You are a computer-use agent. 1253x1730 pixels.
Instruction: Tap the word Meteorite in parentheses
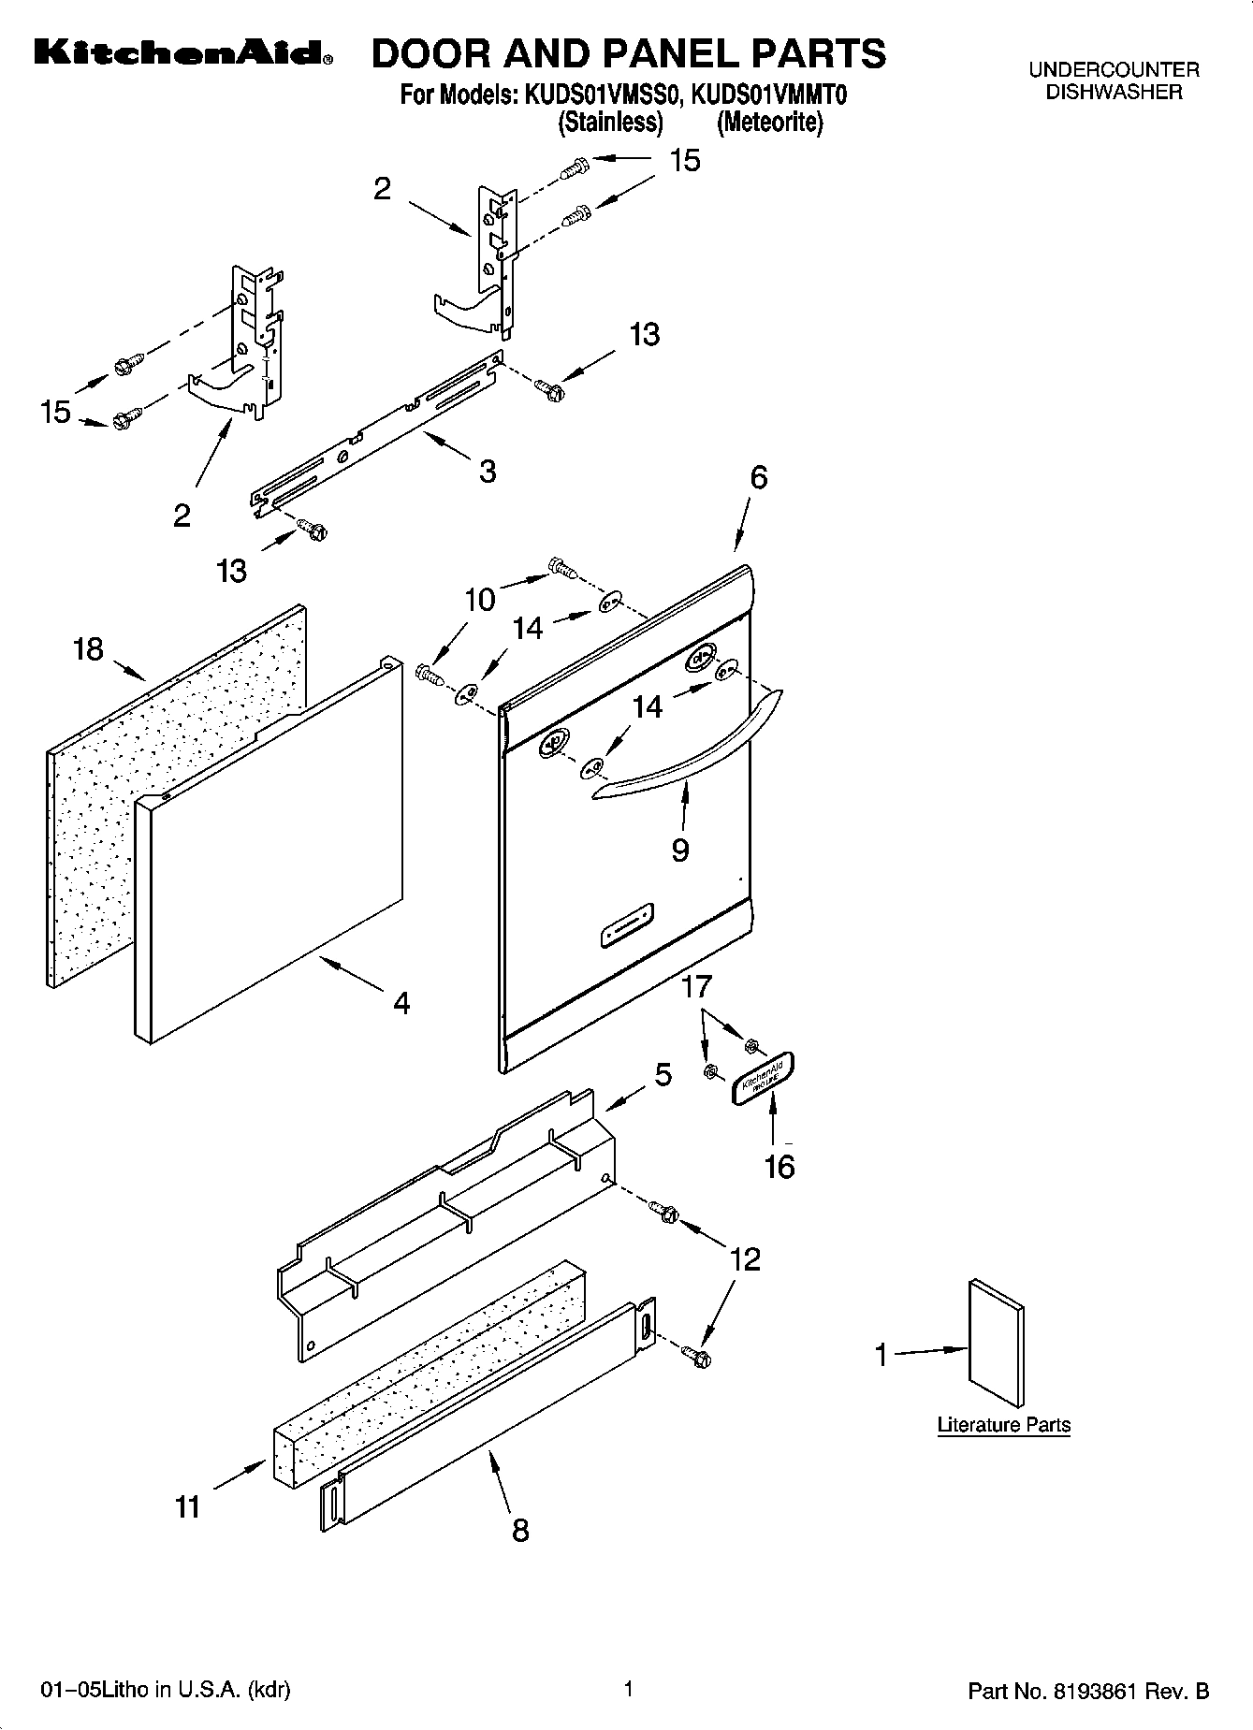point(770,123)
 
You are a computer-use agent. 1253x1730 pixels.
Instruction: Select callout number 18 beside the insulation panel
point(88,648)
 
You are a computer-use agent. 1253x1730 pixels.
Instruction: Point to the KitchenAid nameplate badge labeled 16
point(763,1079)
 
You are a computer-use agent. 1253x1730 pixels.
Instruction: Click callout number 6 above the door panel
point(759,477)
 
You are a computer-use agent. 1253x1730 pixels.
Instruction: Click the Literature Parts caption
point(1003,1425)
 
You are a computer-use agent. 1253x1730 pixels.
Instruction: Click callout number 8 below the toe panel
point(520,1530)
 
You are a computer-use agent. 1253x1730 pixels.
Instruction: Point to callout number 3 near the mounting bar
point(488,471)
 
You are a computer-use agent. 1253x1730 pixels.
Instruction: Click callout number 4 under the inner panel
point(401,1003)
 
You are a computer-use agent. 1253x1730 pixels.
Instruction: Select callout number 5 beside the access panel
point(663,1075)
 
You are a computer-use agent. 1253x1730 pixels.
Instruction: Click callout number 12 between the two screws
point(746,1259)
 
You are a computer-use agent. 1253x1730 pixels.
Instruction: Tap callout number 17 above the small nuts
point(697,986)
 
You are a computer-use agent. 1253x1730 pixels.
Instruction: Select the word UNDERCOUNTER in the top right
point(1114,70)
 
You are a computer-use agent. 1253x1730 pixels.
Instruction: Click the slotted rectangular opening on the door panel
point(626,926)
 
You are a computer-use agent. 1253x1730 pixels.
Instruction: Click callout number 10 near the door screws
point(480,600)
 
